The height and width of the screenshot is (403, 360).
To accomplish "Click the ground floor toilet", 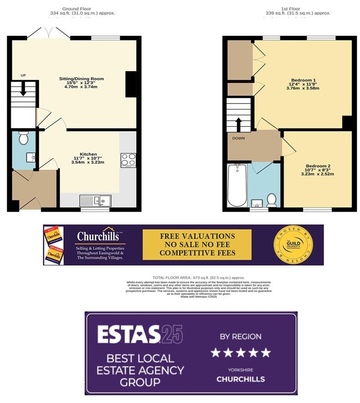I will pos(24,137).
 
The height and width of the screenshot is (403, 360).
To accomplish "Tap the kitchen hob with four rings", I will pos(128,160).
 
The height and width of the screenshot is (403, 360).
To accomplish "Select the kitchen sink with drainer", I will pos(95,200).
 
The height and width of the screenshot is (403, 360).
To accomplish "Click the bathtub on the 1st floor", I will pos(237,186).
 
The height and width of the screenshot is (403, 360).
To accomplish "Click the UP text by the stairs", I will pos(23,75).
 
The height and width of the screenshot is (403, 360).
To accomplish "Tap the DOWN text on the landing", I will pos(239,138).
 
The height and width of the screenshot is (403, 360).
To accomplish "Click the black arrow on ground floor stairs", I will pos(24,88).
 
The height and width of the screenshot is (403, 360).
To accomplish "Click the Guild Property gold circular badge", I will pos(293,245).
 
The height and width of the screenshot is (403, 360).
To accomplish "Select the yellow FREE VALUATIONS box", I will pos(197,245).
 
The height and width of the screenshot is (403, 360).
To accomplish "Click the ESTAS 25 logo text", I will pos(140,334).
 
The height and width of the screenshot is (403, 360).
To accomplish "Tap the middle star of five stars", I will pos(240,352).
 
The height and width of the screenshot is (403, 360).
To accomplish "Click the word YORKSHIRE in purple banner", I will pos(240,370).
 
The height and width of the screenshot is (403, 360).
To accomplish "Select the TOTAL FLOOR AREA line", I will pos(198,277).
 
